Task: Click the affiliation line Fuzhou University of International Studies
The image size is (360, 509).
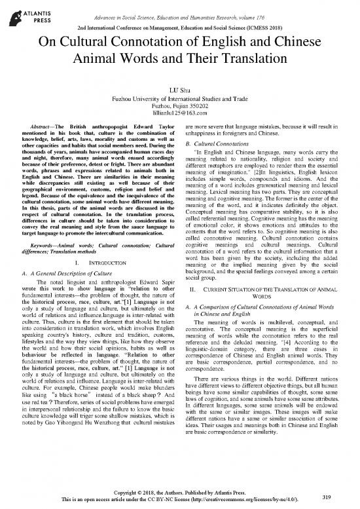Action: [180, 98]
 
